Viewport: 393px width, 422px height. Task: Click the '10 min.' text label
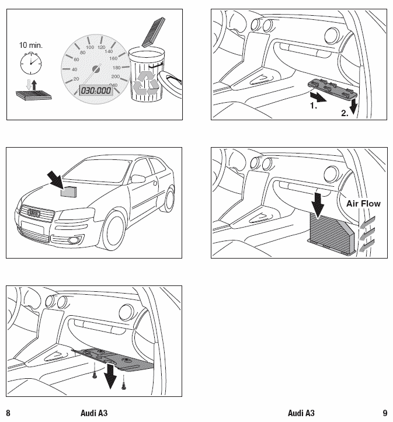coord(31,44)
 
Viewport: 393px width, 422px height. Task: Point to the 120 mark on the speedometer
coord(102,47)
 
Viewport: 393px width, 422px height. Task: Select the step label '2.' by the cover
coord(345,113)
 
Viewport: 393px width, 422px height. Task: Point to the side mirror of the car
coord(138,178)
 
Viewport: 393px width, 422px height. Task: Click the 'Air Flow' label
coord(363,204)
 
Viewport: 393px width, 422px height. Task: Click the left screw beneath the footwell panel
coord(94,376)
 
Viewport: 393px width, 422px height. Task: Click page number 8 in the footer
coord(8,413)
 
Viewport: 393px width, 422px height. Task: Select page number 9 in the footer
coord(385,413)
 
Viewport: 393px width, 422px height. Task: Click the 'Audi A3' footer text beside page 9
coord(301,413)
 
